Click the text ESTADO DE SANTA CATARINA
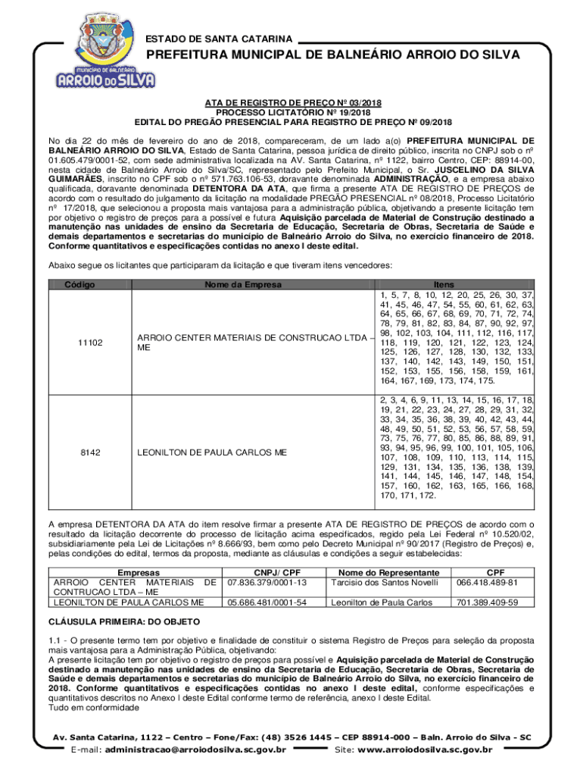click(219, 38)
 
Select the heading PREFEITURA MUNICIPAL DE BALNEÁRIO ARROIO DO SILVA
click(332, 56)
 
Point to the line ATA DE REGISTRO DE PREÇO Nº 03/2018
click(292, 102)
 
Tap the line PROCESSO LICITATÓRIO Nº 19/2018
click(292, 111)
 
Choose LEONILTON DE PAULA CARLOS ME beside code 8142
click(212, 452)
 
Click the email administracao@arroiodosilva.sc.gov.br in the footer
click(195, 750)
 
